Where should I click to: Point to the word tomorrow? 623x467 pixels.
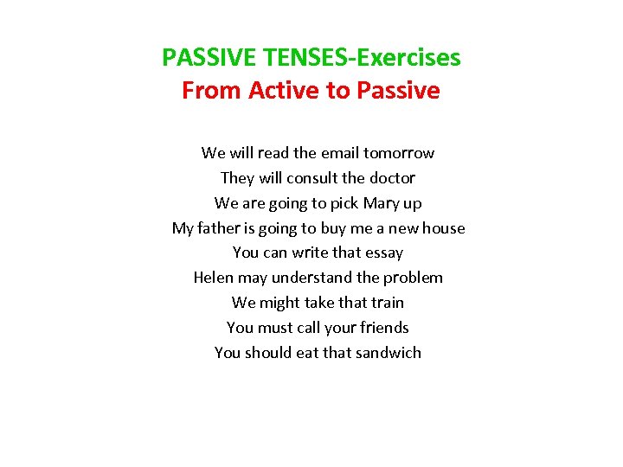click(399, 153)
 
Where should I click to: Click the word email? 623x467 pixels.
click(340, 153)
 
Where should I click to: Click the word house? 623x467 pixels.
click(444, 228)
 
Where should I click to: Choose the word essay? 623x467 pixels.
click(384, 253)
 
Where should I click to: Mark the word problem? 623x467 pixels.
click(414, 278)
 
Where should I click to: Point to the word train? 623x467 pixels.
click(387, 303)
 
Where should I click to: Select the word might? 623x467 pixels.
click(279, 303)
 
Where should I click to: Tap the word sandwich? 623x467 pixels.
click(389, 353)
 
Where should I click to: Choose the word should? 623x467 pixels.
click(269, 353)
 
